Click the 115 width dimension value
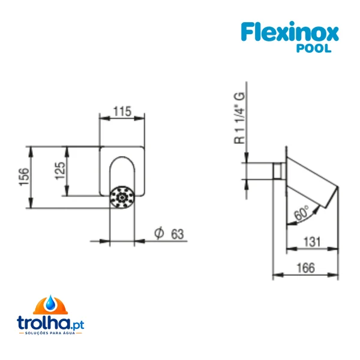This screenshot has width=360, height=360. (122, 112)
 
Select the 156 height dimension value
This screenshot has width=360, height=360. (25, 177)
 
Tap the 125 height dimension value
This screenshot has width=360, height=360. (60, 171)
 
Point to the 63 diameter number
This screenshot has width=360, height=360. (178, 235)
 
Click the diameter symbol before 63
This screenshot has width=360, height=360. (159, 233)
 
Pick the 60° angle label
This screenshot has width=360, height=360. (301, 213)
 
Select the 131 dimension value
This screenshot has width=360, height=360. (312, 242)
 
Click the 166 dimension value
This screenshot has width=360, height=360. (305, 268)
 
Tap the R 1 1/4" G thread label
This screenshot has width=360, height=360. (239, 118)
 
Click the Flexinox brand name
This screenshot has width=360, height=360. (290, 31)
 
